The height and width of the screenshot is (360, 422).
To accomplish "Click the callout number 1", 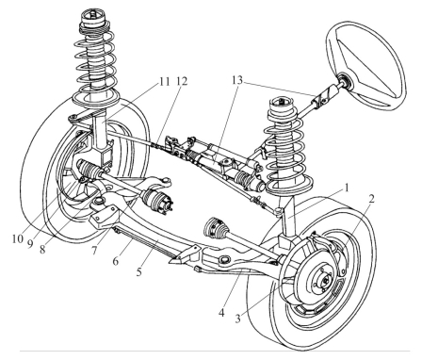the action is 347,188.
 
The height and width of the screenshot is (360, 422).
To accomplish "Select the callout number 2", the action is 371,199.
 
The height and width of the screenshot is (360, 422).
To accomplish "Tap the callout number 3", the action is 237,319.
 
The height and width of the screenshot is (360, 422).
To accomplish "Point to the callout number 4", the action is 221,313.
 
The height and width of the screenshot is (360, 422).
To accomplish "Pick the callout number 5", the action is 139,272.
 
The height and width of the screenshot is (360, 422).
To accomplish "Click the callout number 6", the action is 116,261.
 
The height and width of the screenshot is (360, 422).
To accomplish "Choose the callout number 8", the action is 42,249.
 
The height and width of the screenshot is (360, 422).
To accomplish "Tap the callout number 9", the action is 30,244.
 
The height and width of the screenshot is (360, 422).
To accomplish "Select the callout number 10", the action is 18,239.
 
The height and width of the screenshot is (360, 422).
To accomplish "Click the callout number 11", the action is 164,81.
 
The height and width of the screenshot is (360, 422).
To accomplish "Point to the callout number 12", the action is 182,81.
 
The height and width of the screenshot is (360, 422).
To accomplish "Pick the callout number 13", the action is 237,80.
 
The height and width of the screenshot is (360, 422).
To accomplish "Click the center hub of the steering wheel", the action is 344,81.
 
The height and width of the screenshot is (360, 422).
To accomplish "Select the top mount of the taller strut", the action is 93,19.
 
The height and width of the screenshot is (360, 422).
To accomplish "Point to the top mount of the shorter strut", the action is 282,104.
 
